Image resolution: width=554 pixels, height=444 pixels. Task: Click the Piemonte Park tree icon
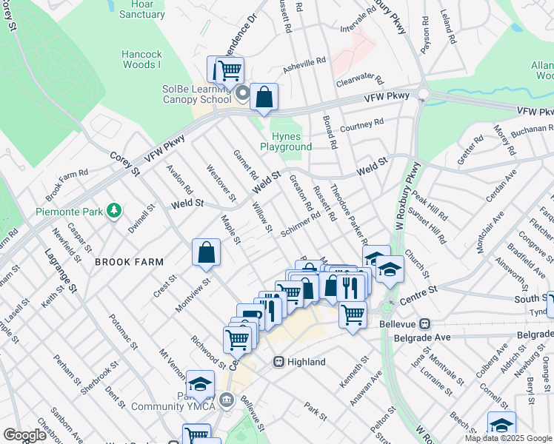(113, 212)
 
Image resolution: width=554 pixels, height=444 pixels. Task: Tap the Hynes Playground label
(286, 141)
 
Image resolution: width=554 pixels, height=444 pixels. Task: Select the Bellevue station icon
(426, 323)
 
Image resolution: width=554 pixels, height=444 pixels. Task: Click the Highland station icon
(278, 362)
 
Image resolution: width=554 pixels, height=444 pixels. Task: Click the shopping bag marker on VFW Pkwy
(264, 97)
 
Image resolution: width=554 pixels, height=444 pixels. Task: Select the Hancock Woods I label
(141, 60)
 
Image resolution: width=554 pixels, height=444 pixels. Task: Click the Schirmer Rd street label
(300, 225)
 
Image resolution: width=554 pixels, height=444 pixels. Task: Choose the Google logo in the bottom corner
(24, 435)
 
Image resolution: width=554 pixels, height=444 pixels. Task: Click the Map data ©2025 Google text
(509, 438)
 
